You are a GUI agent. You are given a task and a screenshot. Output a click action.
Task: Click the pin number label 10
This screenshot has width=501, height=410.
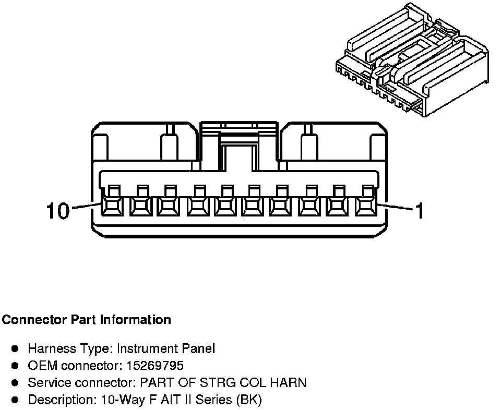pyautogui.click(x=57, y=211)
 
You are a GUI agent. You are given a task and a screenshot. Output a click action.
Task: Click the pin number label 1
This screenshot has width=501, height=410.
pyautogui.click(x=419, y=211)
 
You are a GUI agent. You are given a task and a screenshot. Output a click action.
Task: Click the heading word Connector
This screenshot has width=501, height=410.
pyautogui.click(x=34, y=319)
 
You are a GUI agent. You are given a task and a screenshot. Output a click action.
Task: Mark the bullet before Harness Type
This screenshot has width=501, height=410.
pyautogui.click(x=16, y=348)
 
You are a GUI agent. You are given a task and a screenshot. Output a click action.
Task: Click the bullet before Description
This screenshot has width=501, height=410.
pyautogui.click(x=16, y=400)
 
